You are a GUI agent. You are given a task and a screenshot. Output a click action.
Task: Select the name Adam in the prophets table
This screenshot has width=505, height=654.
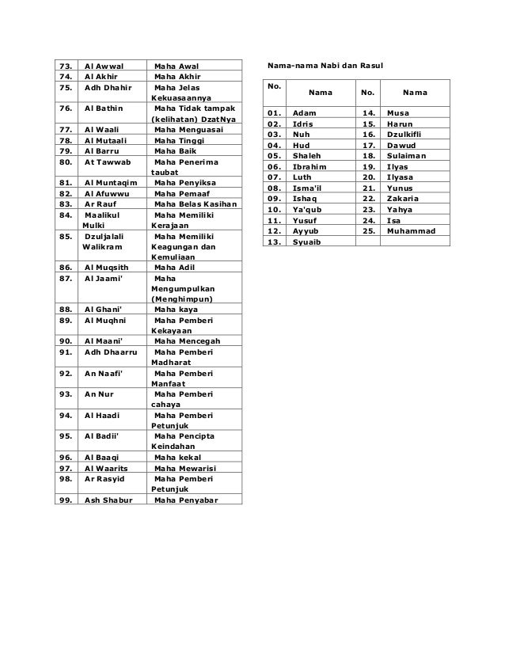[305, 114]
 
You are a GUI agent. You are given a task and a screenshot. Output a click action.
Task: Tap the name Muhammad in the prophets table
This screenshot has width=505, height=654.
[411, 210]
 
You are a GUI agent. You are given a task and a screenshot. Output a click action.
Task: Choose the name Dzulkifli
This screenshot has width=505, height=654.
[406, 135]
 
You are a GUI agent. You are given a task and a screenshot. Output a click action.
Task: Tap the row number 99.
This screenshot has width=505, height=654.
[66, 500]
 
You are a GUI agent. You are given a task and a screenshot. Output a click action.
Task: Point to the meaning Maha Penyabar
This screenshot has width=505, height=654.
[188, 500]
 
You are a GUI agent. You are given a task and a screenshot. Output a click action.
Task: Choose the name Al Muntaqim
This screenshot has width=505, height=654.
[110, 181]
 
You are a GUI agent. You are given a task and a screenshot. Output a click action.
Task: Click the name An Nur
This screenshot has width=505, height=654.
[99, 394]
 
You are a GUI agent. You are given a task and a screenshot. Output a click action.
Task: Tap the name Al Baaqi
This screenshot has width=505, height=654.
[103, 457]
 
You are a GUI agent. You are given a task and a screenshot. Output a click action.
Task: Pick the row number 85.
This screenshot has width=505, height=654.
[66, 235]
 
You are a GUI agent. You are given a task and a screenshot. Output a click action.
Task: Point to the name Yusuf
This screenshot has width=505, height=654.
[305, 220]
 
